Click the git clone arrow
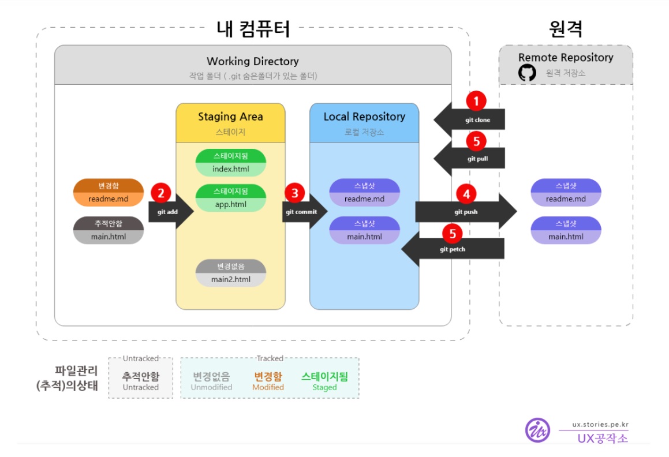click(470, 119)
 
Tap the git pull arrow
click(470, 158)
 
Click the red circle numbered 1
click(476, 101)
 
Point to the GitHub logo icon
click(527, 73)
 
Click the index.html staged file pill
click(230, 163)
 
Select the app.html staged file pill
click(230, 198)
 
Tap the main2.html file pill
click(230, 273)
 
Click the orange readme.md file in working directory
click(108, 193)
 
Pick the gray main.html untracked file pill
click(108, 230)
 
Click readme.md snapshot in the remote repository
click(566, 193)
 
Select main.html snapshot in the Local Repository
click(364, 230)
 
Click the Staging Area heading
click(230, 117)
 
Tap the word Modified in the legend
click(268, 387)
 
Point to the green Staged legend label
click(324, 387)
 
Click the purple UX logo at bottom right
click(537, 430)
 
